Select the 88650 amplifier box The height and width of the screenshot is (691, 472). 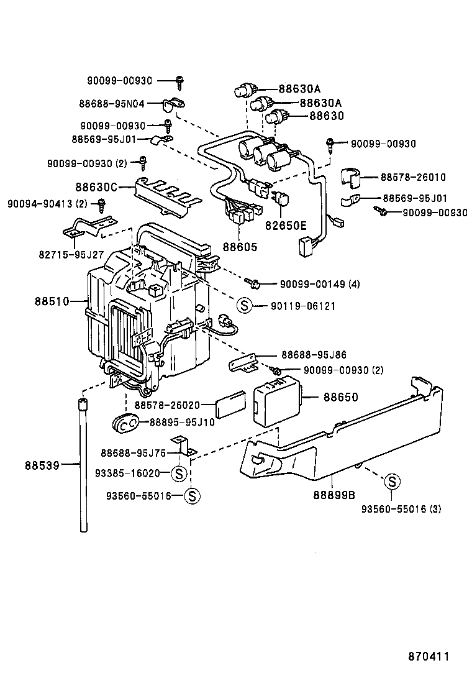[279, 403]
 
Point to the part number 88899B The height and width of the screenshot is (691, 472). [334, 495]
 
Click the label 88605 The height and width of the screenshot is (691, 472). [239, 247]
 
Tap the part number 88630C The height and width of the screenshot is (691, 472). [96, 186]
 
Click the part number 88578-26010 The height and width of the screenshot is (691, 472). [414, 178]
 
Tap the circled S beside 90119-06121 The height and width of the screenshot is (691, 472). [244, 305]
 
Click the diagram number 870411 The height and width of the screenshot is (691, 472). [429, 656]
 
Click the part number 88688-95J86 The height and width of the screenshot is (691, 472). [314, 355]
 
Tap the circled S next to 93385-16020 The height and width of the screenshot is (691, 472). [178, 474]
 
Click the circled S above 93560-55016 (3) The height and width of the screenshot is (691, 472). [392, 482]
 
